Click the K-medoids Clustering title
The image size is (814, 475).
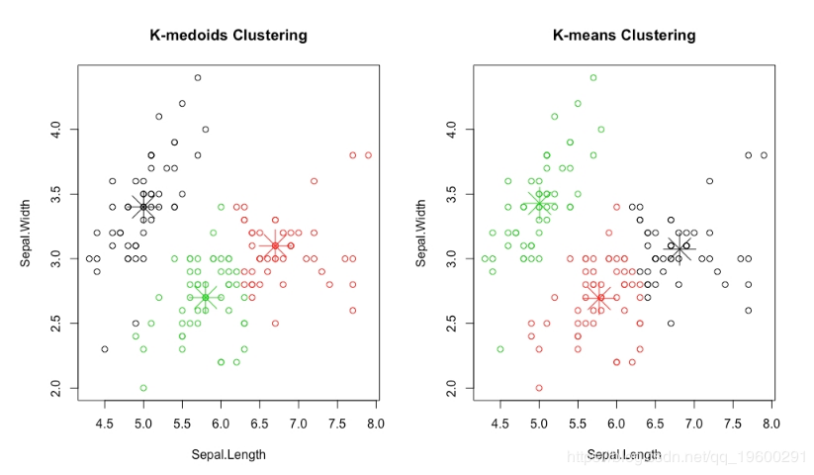point(228,36)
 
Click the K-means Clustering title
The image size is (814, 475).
point(624,36)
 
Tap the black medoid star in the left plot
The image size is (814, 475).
point(143,207)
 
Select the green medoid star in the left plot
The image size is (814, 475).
point(205,297)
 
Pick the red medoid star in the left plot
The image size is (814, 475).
point(275,245)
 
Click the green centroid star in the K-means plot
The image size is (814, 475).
point(539,204)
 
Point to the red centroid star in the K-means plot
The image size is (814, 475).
point(600,297)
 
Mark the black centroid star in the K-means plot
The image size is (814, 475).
point(678,247)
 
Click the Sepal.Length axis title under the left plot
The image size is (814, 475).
point(228,454)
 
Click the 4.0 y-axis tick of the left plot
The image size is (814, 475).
point(58,129)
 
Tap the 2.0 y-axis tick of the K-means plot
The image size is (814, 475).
point(454,389)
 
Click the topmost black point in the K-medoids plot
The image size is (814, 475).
point(198,77)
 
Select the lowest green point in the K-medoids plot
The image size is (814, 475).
point(143,388)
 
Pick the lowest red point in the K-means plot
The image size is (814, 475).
point(539,388)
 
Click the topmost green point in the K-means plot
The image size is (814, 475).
point(593,77)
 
